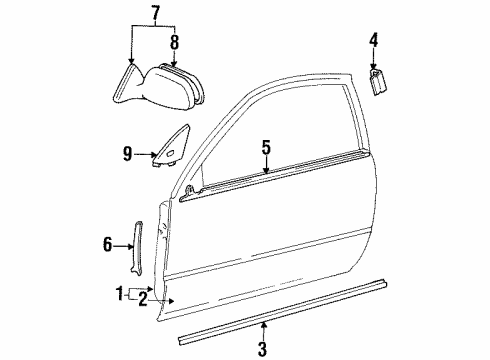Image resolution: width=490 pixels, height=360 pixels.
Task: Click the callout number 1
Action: point(120,294)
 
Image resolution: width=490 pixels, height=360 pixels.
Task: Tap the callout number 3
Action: point(263,349)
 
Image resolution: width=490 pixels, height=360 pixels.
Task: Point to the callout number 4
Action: point(373,41)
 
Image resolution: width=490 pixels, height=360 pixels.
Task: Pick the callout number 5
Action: point(266,148)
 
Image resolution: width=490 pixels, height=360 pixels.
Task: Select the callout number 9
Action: point(128,153)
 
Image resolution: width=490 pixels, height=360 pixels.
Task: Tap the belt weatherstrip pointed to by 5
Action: point(290,177)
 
